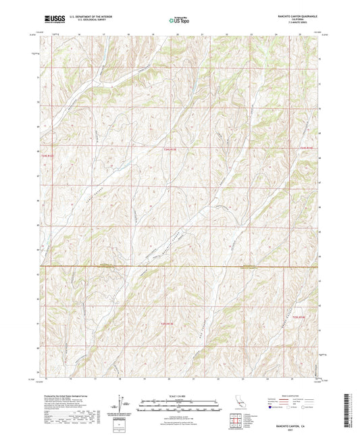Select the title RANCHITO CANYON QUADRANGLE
pos(295,15)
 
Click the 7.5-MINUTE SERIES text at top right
pos(295,23)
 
